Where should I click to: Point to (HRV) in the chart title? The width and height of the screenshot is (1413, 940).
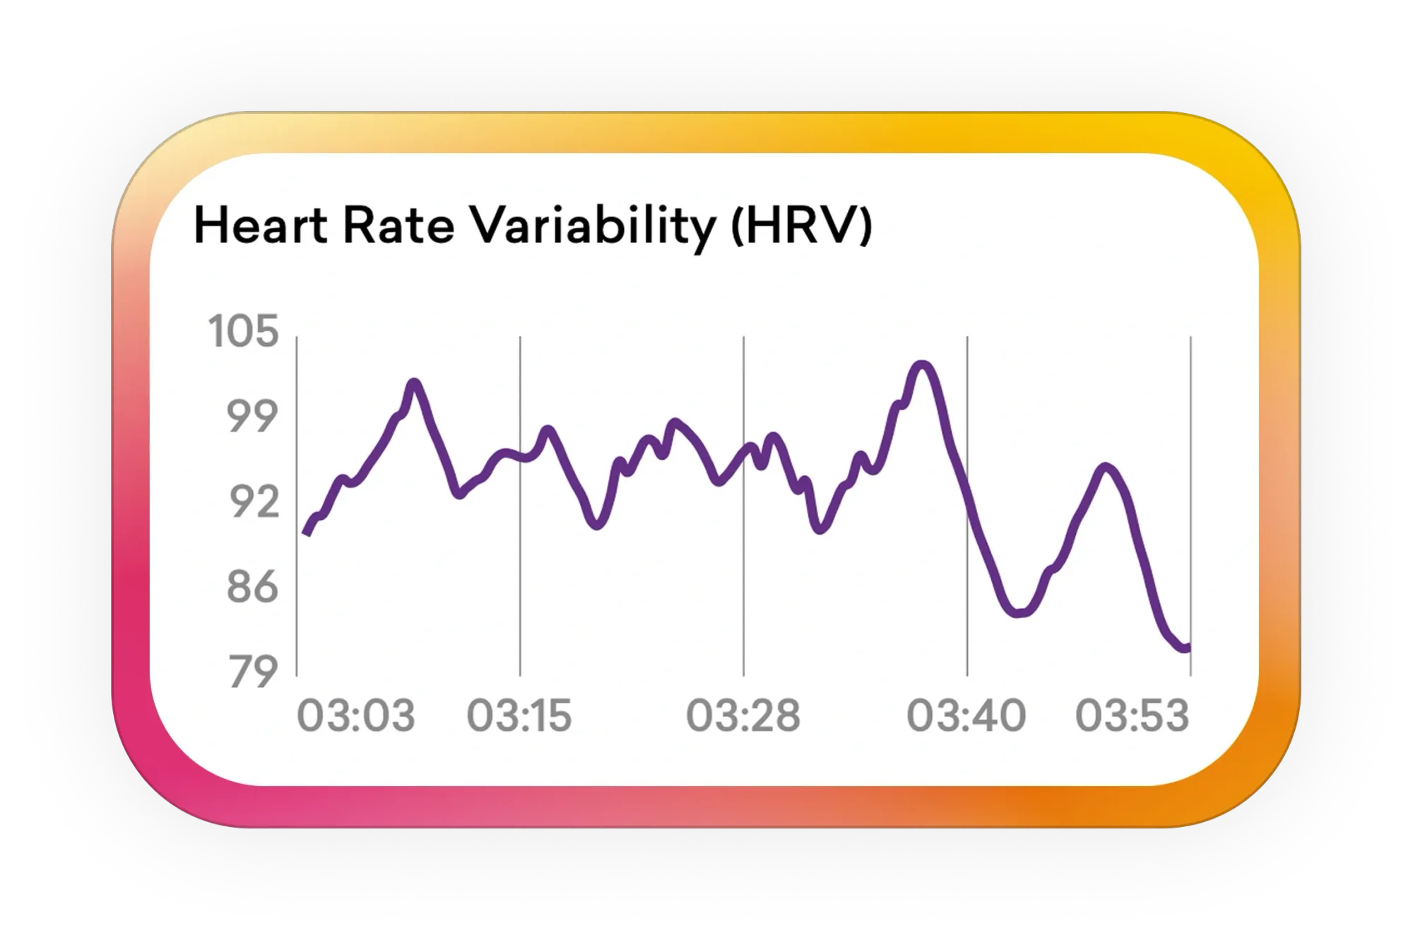click(801, 227)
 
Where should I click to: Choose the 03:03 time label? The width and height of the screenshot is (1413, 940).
click(356, 715)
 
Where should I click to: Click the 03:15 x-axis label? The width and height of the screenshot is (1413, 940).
click(519, 715)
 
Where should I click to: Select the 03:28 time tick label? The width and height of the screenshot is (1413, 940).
click(743, 715)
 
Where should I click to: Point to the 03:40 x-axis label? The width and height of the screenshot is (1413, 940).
click(966, 715)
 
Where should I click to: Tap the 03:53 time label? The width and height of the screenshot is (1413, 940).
click(1133, 715)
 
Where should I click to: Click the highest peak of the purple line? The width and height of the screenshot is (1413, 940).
click(922, 364)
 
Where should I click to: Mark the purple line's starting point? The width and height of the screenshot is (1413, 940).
click(305, 533)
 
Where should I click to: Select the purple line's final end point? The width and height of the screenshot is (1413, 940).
click(1188, 648)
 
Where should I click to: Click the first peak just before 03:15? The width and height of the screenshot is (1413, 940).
click(414, 383)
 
